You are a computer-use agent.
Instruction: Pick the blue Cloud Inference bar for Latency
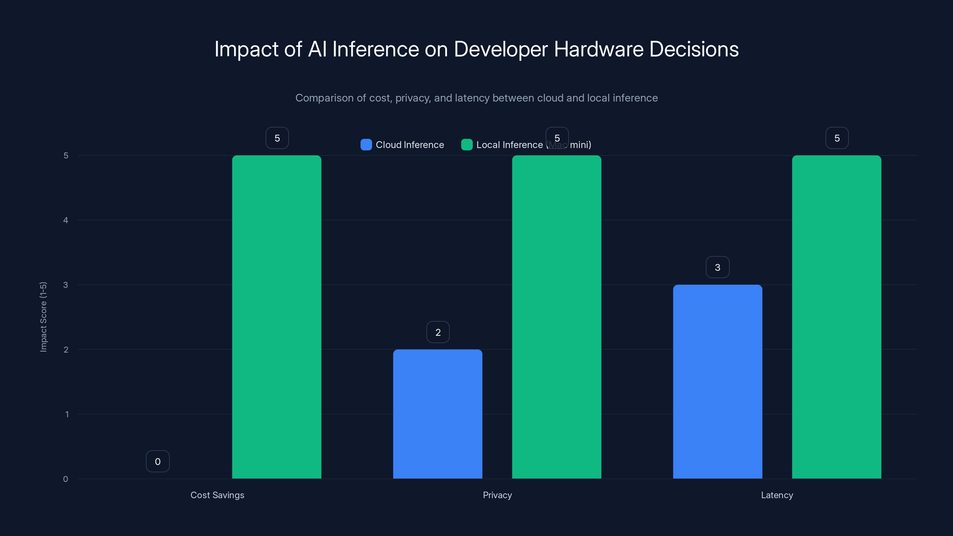pyautogui.click(x=717, y=381)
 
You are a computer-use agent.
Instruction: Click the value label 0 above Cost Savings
pyautogui.click(x=158, y=461)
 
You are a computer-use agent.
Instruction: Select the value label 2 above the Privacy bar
pyautogui.click(x=438, y=332)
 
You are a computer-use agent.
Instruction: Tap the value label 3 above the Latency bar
pyautogui.click(x=717, y=267)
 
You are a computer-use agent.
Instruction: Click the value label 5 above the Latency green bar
pyautogui.click(x=837, y=138)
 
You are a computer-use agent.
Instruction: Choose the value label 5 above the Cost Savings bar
pyautogui.click(x=277, y=138)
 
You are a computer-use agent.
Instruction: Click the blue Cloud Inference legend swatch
pyautogui.click(x=366, y=145)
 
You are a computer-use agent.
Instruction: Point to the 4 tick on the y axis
pyautogui.click(x=66, y=220)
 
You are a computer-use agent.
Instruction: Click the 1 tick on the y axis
pyautogui.click(x=67, y=414)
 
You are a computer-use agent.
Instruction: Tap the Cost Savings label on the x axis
pyautogui.click(x=217, y=495)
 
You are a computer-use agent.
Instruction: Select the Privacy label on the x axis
pyautogui.click(x=497, y=495)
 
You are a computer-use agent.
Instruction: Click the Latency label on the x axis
pyautogui.click(x=777, y=495)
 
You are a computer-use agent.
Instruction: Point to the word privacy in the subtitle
pyautogui.click(x=412, y=98)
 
